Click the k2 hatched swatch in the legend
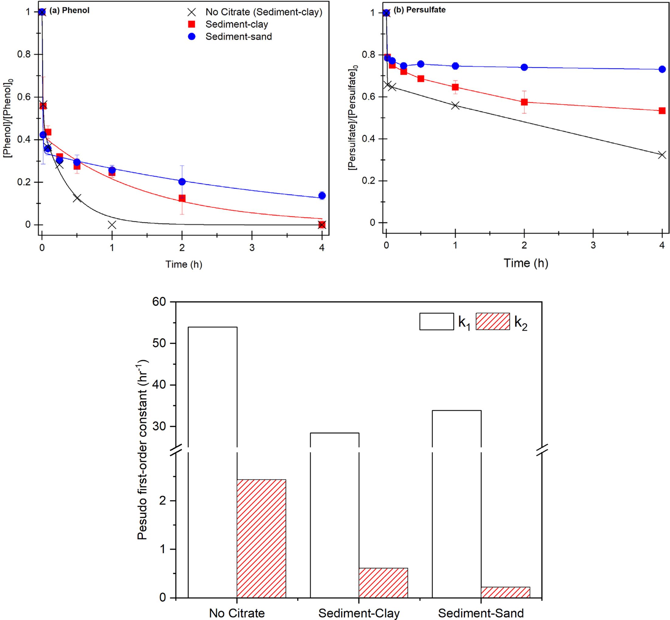(493, 322)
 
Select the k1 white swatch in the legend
(436, 322)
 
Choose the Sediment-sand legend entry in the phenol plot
(238, 36)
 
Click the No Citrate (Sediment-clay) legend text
(264, 12)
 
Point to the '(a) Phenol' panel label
(70, 10)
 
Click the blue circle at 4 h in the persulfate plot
(662, 70)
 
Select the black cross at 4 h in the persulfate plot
(662, 155)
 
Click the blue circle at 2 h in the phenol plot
(182, 182)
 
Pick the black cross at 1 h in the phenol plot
(112, 225)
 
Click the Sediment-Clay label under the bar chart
(359, 613)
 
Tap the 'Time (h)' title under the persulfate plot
(526, 263)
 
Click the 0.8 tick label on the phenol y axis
(23, 54)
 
